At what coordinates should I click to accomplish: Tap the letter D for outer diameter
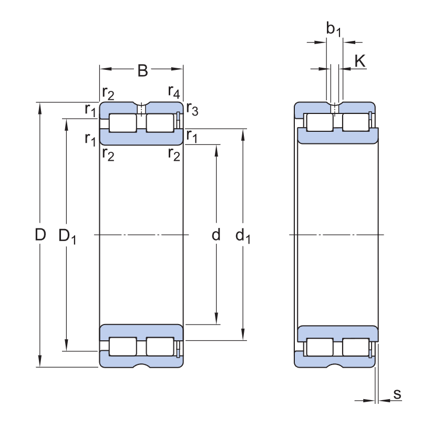point(40,235)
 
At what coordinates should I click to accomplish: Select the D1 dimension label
point(67,237)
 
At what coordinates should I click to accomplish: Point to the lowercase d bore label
point(216,235)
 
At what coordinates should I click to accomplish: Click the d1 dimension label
point(243,237)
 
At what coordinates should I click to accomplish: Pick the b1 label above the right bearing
point(334,30)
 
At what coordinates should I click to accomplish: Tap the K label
point(359,61)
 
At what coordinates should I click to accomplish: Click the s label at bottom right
point(397,393)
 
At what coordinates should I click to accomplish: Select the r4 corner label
point(174,91)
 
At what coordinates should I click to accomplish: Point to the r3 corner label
point(192,110)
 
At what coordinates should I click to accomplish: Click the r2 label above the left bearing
point(108,94)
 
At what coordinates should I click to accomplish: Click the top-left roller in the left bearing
point(123,123)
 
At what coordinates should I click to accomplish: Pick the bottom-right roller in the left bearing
point(160,347)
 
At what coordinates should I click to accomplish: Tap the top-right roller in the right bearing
point(356,122)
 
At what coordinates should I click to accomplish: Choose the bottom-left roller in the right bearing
point(320,347)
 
